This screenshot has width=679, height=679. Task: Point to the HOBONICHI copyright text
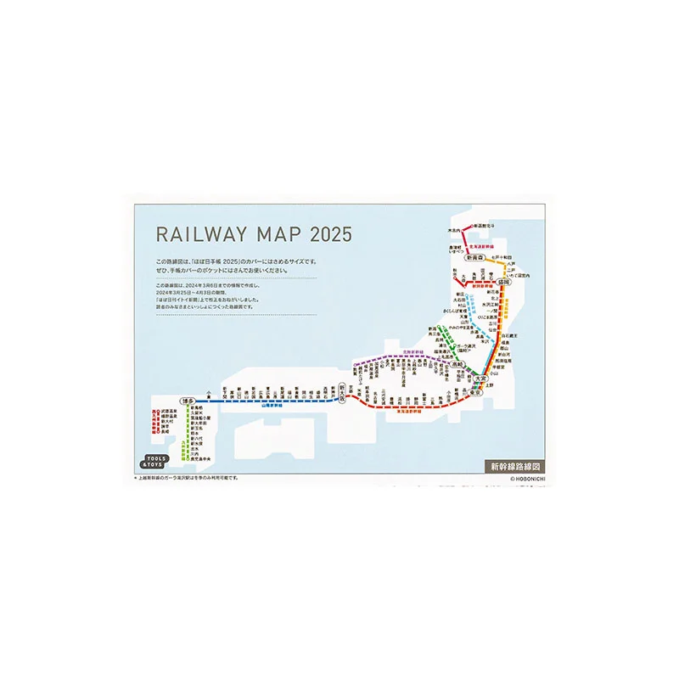pos(519,479)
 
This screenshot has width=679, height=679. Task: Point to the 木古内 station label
pos(455,230)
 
